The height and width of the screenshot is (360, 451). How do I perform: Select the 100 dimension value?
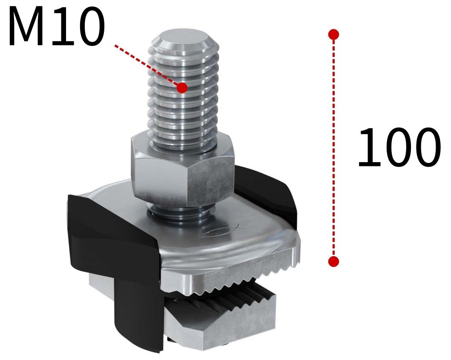[x=398, y=147]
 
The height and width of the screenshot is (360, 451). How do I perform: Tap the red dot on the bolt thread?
[x=182, y=88]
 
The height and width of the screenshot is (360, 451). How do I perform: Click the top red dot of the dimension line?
[x=334, y=34]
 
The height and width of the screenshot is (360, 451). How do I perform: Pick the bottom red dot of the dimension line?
[x=334, y=261]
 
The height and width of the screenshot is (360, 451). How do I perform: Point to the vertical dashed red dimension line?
[x=334, y=149]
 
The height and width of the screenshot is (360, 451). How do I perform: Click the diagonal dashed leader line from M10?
[x=147, y=66]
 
